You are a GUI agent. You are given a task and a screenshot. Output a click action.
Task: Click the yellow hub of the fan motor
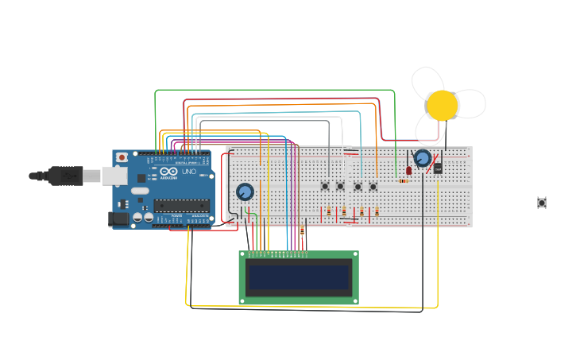(442, 106)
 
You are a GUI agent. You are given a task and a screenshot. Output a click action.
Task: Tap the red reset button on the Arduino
(122, 157)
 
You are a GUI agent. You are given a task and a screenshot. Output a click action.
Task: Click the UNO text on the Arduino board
(189, 172)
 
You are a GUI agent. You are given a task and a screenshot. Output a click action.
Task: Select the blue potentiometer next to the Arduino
(245, 192)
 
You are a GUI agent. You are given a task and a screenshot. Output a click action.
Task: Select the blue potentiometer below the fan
(423, 158)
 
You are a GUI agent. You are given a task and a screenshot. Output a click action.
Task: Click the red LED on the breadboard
(408, 169)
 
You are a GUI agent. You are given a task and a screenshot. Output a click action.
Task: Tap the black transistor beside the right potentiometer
(438, 167)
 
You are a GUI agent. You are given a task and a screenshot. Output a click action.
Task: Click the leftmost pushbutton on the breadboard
(325, 186)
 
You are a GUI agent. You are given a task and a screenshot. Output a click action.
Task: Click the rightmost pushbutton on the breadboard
(373, 186)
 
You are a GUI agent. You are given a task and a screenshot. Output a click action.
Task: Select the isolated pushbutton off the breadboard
(542, 203)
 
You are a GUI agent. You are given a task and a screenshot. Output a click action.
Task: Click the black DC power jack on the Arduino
(118, 218)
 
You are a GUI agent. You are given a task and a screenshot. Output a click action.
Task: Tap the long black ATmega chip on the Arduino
(182, 205)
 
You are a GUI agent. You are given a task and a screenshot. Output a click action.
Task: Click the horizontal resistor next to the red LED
(404, 181)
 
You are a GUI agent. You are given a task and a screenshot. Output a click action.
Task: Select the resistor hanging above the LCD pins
(302, 230)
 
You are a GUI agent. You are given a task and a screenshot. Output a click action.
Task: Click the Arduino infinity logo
(168, 172)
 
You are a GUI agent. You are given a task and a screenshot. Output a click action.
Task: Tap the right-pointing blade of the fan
(470, 103)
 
